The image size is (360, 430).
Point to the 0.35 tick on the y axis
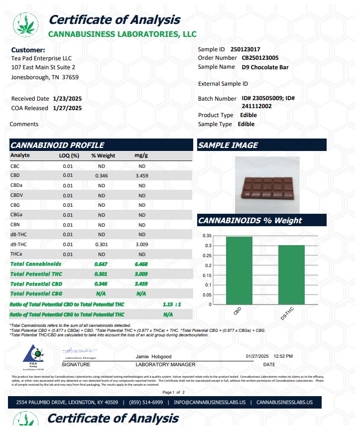pos(208,236)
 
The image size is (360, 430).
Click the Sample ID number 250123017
pos(245,49)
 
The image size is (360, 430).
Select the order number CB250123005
pos(261,58)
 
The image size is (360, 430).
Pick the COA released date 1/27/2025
pos(67,108)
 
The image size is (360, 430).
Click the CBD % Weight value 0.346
pos(102,175)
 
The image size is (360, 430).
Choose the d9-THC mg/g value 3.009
pos(142,244)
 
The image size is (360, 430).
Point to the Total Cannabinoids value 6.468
pos(141,264)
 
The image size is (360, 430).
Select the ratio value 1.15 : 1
pos(171,304)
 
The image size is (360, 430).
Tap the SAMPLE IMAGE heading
pos(229,145)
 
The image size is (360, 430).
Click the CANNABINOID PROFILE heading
pos(58,145)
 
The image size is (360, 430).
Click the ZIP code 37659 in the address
pos(70,77)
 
